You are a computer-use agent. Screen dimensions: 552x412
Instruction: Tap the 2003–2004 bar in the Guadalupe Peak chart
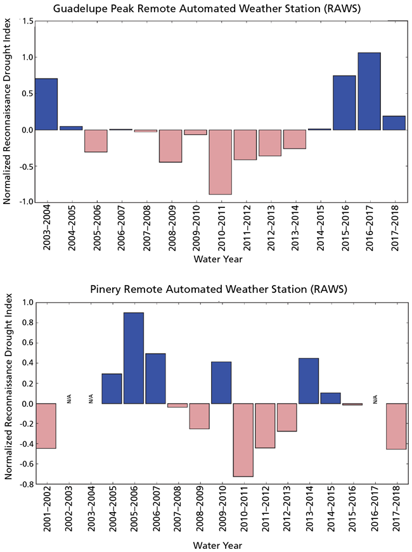46,105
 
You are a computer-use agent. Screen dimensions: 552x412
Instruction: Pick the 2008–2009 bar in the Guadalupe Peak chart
171,146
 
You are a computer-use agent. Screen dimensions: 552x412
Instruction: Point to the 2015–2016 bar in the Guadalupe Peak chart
344,103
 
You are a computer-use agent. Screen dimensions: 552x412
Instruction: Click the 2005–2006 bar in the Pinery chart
133,358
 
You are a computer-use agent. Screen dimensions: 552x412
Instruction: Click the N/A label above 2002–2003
68,398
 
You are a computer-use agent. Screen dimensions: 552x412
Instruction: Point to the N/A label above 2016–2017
375,398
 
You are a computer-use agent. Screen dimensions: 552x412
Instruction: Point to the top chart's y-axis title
8,112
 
